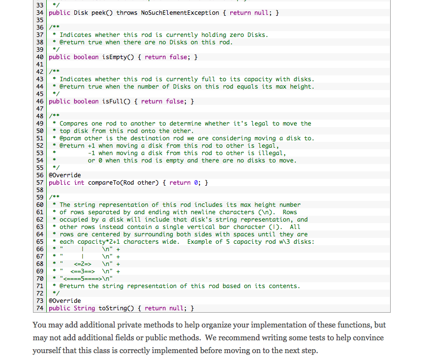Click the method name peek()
pyautogui.click(x=102, y=13)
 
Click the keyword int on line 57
pyautogui.click(x=79, y=183)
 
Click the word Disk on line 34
pyautogui.click(x=81, y=13)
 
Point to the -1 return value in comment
pyautogui.click(x=92, y=153)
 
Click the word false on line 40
pyautogui.click(x=179, y=57)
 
